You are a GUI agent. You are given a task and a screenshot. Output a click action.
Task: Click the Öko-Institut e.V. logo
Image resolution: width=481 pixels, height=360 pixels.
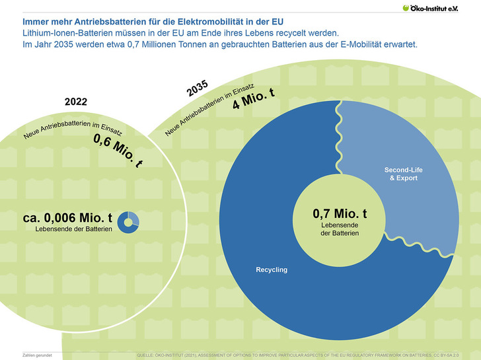pyautogui.click(x=439, y=8)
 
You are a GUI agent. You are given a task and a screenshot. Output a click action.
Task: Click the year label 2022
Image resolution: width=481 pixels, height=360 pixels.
pyautogui.click(x=75, y=102)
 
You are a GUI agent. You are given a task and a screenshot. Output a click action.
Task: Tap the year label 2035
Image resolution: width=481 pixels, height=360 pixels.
pyautogui.click(x=197, y=88)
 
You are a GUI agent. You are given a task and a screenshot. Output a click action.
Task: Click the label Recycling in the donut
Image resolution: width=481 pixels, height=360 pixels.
pyautogui.click(x=272, y=270)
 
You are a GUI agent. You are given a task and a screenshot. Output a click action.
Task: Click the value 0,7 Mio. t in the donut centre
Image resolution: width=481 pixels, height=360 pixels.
pyautogui.click(x=340, y=214)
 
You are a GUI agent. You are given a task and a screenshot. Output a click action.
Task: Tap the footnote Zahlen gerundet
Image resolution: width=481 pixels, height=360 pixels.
pyautogui.click(x=38, y=355)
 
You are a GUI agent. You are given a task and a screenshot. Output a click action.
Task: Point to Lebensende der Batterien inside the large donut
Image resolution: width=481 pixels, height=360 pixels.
pyautogui.click(x=340, y=230)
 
